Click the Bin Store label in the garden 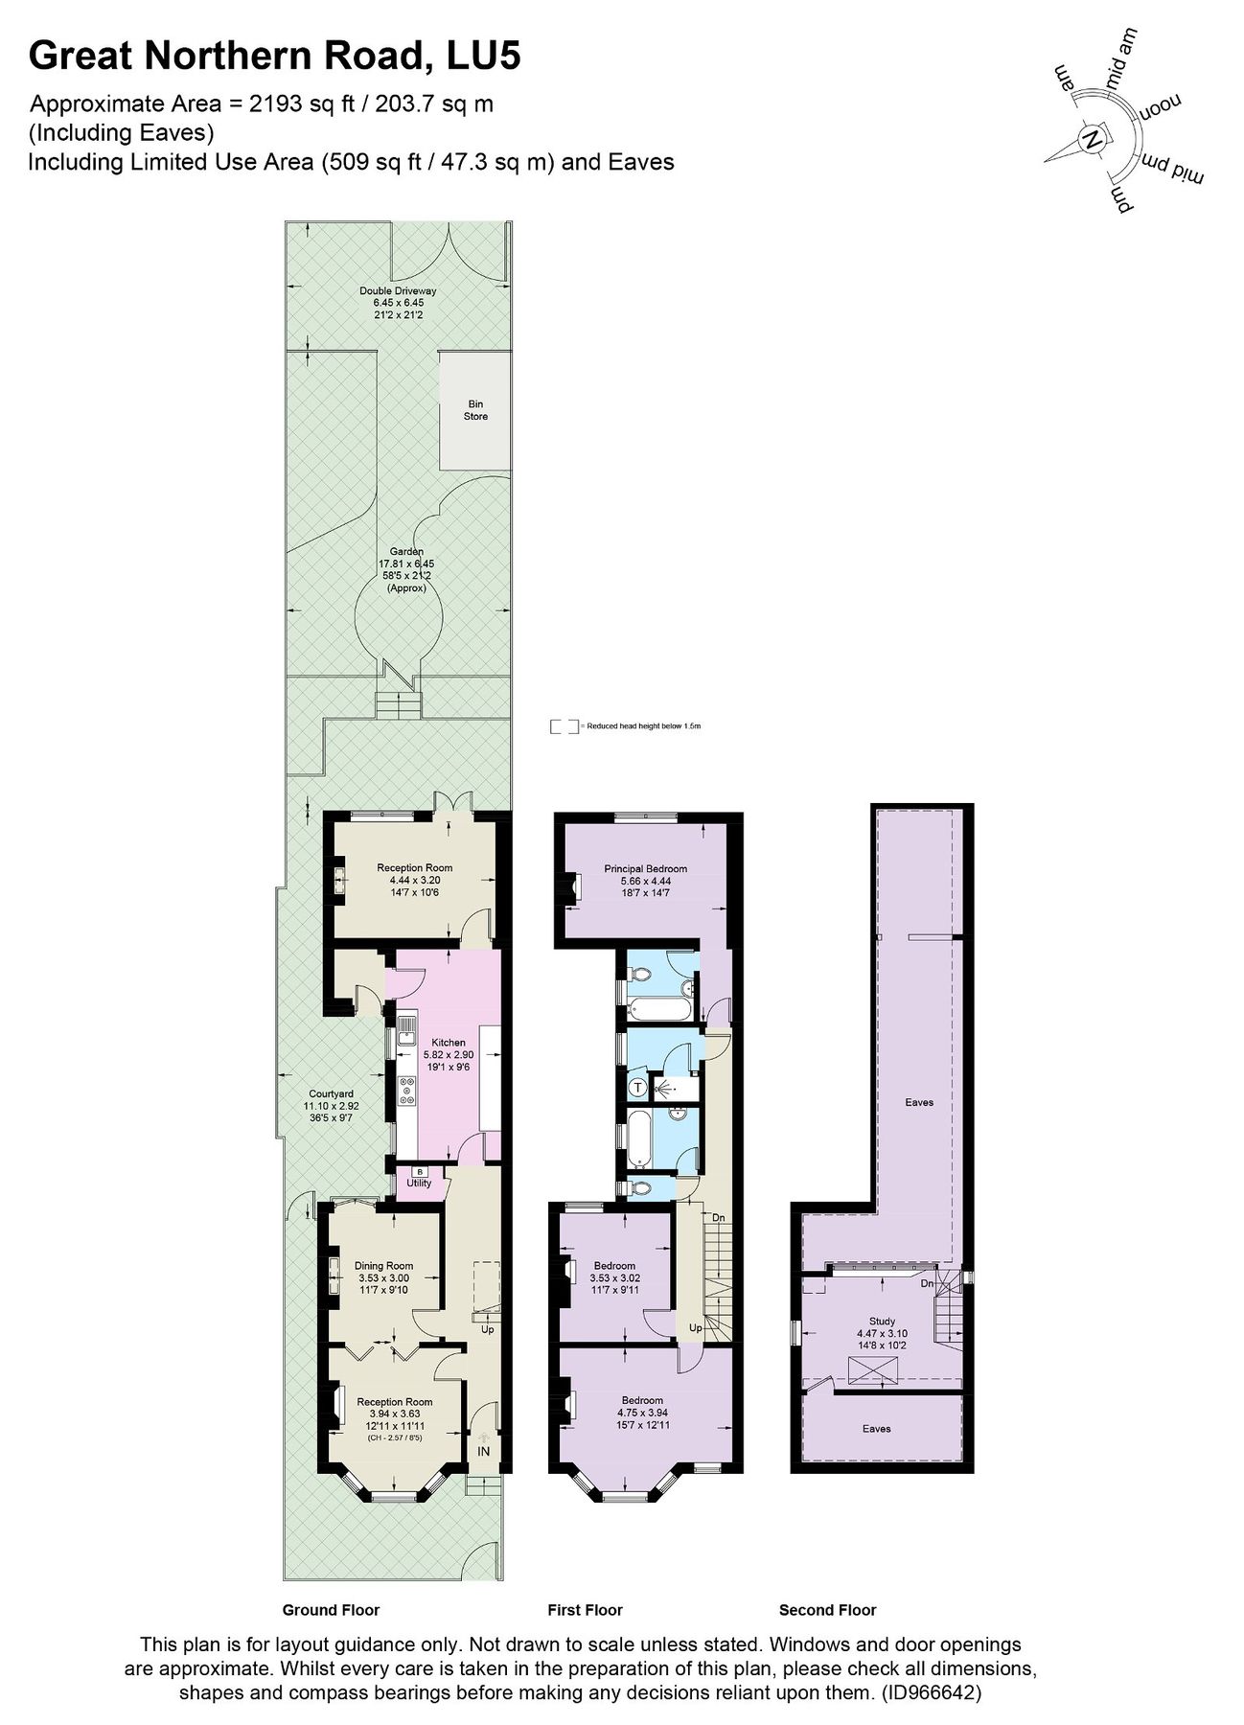coord(475,411)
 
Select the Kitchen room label coord(448,1043)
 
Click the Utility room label coord(419,1184)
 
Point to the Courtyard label coord(331,1093)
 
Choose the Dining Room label coord(383,1266)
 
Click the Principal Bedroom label coord(645,869)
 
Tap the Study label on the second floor coord(882,1322)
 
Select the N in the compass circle coord(1092,140)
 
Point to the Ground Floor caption coord(331,1610)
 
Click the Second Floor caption coord(827,1610)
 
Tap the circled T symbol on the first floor coord(638,1087)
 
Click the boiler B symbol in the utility coord(419,1171)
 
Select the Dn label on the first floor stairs coord(718,1218)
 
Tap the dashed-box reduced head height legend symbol coord(564,727)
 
